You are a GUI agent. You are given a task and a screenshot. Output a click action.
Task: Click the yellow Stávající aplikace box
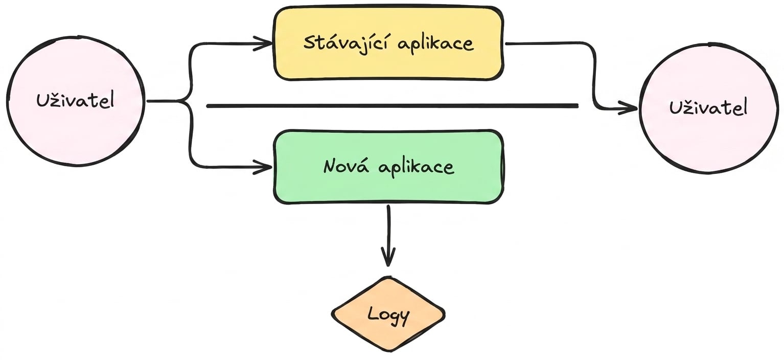[388, 43]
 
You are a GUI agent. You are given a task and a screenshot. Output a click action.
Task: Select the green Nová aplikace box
[388, 167]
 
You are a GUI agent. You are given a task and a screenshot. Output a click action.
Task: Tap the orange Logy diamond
[388, 314]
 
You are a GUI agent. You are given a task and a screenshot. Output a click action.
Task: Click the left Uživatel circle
[76, 101]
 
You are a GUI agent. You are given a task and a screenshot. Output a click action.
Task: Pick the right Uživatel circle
[708, 108]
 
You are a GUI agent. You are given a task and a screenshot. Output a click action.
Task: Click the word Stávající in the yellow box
[347, 43]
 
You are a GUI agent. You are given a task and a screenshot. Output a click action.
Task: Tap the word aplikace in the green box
[417, 167]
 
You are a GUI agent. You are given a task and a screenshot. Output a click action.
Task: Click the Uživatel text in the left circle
[75, 101]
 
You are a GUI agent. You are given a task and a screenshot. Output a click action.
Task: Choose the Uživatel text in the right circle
[708, 107]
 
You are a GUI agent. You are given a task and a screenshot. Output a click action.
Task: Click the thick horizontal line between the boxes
[393, 106]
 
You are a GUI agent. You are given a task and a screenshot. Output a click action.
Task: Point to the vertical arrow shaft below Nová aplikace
[388, 235]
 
